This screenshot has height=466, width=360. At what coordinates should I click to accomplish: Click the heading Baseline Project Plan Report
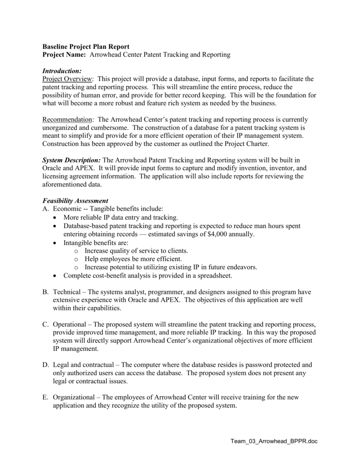click(x=86, y=47)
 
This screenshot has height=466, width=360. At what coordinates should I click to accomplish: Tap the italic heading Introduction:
click(x=62, y=71)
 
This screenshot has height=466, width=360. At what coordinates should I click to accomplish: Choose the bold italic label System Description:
click(x=72, y=160)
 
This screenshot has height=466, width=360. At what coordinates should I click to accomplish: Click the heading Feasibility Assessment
click(x=75, y=201)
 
